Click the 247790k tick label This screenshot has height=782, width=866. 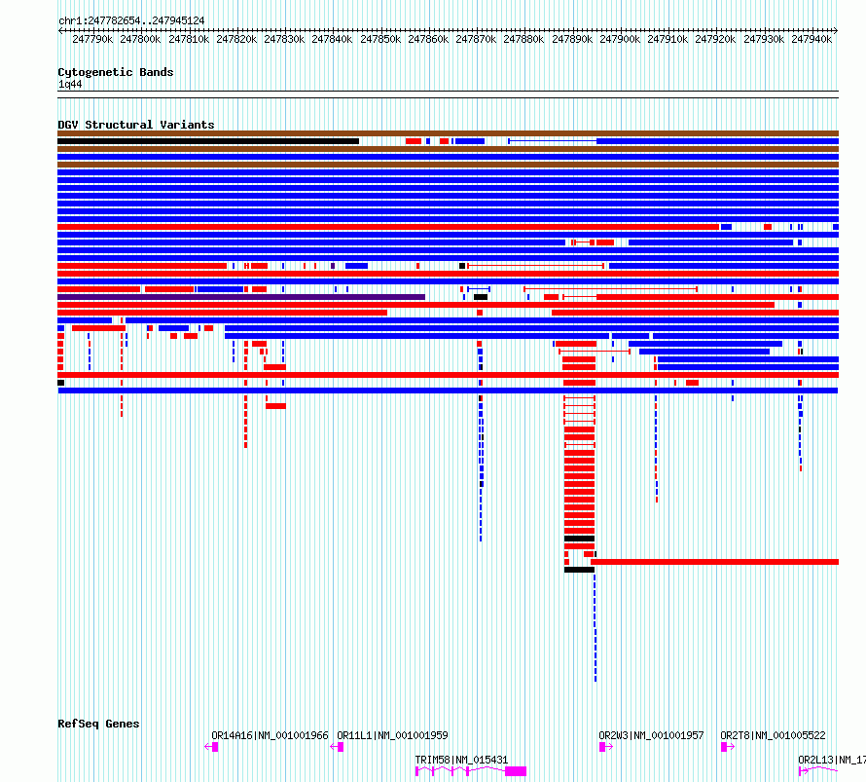click(92, 39)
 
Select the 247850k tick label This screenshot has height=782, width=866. click(380, 39)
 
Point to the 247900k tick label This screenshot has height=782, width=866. click(620, 39)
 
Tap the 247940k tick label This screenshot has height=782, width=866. click(812, 39)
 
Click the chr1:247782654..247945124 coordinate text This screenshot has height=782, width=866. click(131, 20)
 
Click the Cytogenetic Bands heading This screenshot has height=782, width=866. click(116, 72)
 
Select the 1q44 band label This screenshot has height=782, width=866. click(70, 84)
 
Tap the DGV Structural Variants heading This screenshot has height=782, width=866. click(136, 125)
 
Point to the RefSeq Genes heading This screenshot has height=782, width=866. click(98, 724)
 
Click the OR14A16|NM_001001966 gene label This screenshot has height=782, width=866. click(271, 735)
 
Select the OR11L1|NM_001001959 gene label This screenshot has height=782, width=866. click(393, 735)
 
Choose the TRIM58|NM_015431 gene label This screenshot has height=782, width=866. click(462, 760)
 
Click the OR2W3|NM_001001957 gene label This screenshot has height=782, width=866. click(652, 735)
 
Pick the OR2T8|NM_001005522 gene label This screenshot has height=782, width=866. click(774, 735)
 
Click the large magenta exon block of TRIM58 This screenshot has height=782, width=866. click(516, 771)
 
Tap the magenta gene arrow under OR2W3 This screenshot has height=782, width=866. click(606, 747)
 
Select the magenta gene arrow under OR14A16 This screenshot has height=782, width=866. click(211, 747)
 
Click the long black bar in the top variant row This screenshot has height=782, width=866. click(208, 141)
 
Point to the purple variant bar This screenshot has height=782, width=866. click(241, 297)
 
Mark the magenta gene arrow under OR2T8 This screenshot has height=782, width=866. click(728, 747)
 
